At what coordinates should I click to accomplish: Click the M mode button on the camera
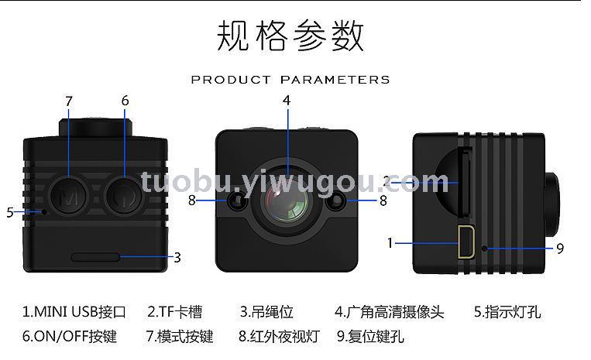[x=68, y=196]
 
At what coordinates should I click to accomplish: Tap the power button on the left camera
[x=124, y=196]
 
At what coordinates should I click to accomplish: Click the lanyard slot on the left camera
[x=95, y=257]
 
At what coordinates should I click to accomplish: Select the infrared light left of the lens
[x=237, y=201]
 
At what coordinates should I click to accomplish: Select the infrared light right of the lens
[x=337, y=201]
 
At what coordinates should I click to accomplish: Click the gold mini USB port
[x=466, y=242]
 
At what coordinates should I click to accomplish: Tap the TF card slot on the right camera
[x=466, y=183]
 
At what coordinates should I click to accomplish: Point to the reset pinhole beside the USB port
[x=485, y=249]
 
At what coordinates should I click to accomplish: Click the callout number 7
[x=69, y=101]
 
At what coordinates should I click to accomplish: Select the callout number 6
[x=125, y=101]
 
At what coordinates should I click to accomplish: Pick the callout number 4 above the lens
[x=287, y=101]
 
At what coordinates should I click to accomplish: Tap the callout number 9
[x=560, y=249]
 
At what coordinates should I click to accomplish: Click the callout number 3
[x=177, y=258]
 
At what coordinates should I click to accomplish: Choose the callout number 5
[x=10, y=212]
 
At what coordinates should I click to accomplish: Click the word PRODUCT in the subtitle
[x=231, y=80]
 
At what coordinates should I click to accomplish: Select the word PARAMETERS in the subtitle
[x=335, y=80]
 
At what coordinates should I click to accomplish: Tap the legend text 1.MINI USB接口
[x=74, y=312]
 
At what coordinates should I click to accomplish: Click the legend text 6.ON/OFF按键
[x=70, y=336]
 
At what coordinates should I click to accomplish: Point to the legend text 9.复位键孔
[x=370, y=336]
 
